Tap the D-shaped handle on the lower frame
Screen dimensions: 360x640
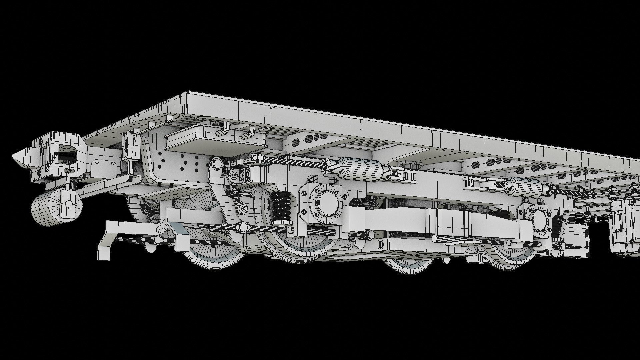click(x=381, y=244)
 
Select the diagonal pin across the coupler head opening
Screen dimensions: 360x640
click(x=51, y=162)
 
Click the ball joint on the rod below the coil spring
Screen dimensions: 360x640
click(x=243, y=228)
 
